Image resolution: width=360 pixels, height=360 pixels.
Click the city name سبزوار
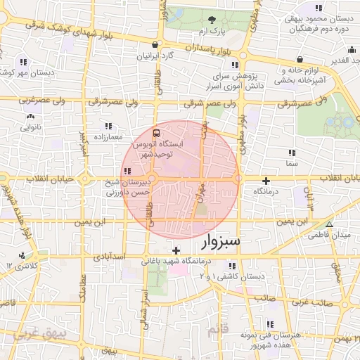click(x=221, y=242)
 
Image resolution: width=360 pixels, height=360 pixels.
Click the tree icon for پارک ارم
click(x=213, y=18)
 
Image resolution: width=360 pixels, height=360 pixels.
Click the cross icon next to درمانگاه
click(x=266, y=181)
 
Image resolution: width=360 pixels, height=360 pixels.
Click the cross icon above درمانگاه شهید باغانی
click(x=176, y=250)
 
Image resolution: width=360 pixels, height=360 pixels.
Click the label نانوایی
click(x=30, y=127)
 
